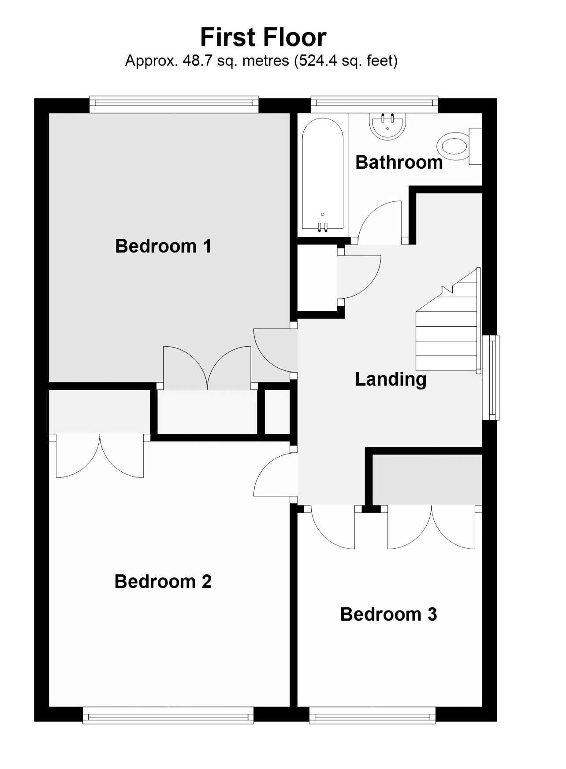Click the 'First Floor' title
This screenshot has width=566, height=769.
pos(263,37)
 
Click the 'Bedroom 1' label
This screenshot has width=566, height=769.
pos(163,246)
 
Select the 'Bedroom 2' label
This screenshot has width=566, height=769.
pos(163,581)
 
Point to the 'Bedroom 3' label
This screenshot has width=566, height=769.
pos(388,614)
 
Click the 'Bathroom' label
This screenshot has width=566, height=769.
pos(399,162)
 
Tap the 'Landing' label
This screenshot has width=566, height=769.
pos(391,379)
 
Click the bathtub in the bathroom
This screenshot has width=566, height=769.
pos(323,174)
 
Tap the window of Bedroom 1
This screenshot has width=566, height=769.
pos(174,104)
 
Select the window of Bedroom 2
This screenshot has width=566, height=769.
pos(168,715)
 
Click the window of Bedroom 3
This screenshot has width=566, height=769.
pos(372,715)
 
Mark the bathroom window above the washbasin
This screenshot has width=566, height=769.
pos(375,104)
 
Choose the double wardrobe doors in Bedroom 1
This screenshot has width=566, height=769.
pos(207,368)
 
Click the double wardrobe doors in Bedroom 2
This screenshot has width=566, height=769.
pos(100,456)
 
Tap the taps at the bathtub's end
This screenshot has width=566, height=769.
pos(323,226)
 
